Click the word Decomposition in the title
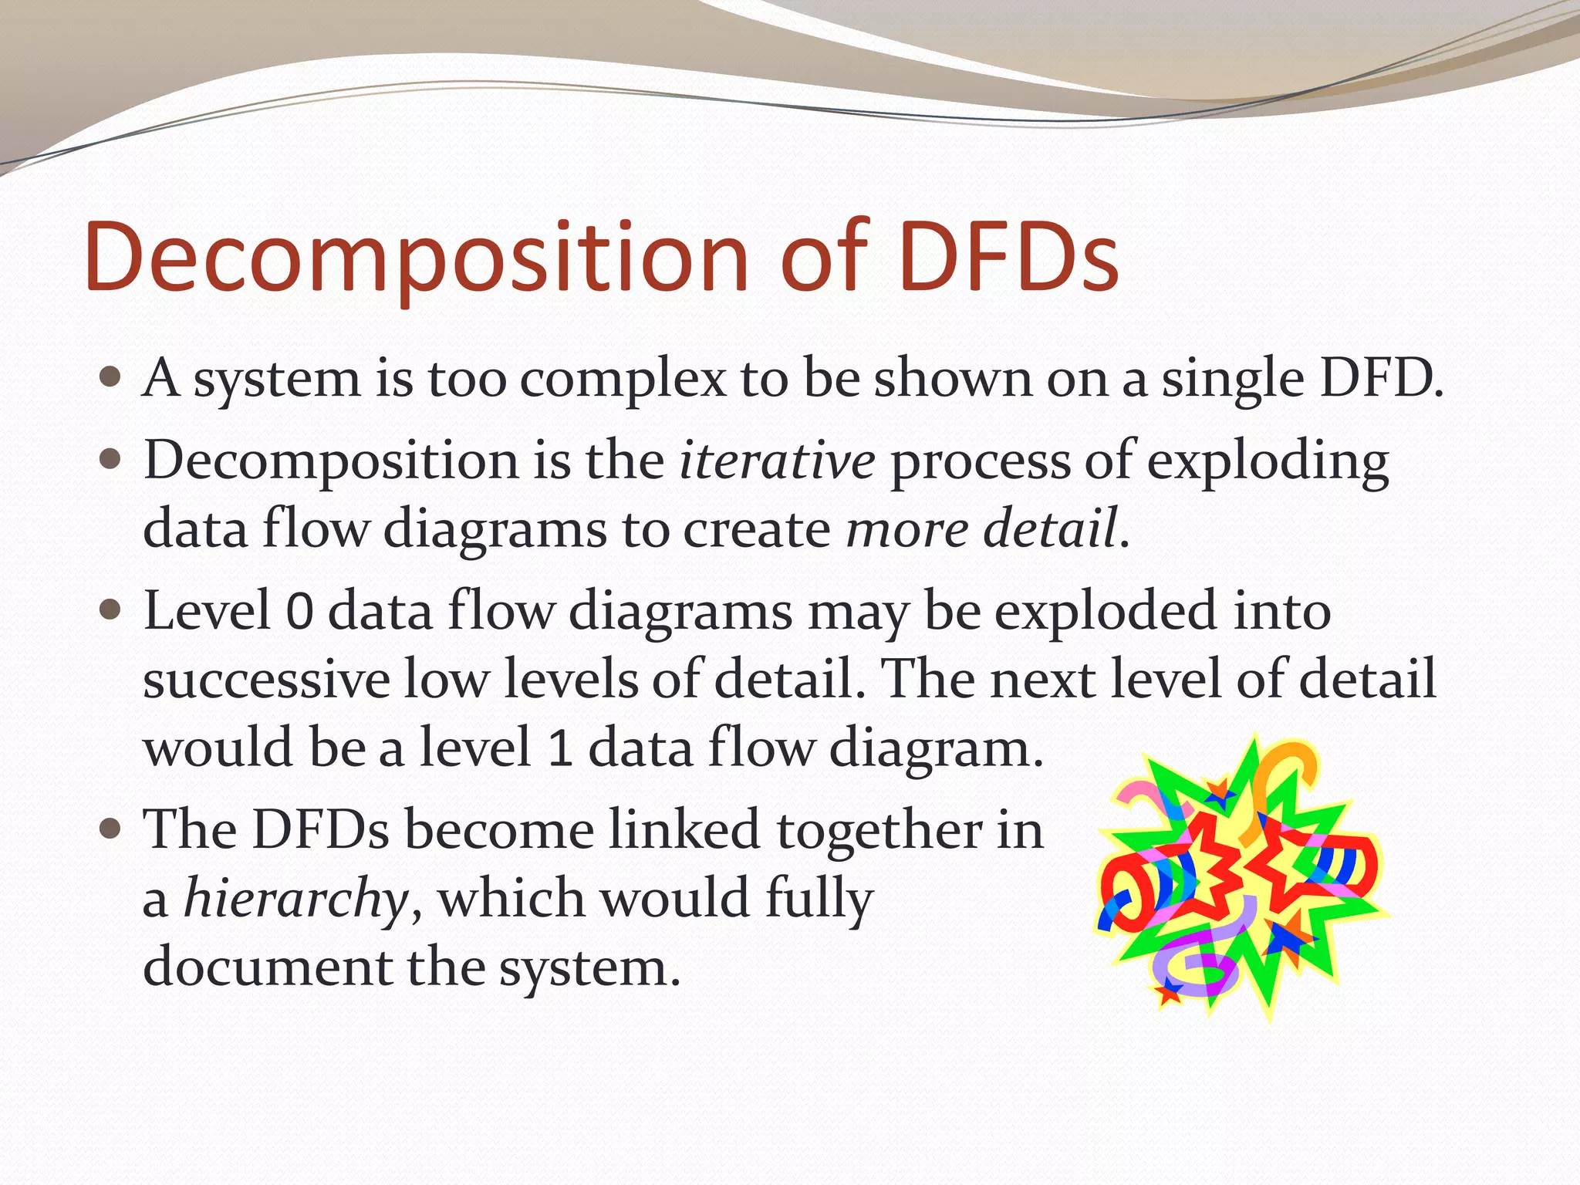point(417,258)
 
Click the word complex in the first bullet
point(623,380)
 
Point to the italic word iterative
point(777,461)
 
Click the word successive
point(266,680)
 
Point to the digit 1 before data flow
point(560,748)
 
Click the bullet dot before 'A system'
point(111,378)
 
